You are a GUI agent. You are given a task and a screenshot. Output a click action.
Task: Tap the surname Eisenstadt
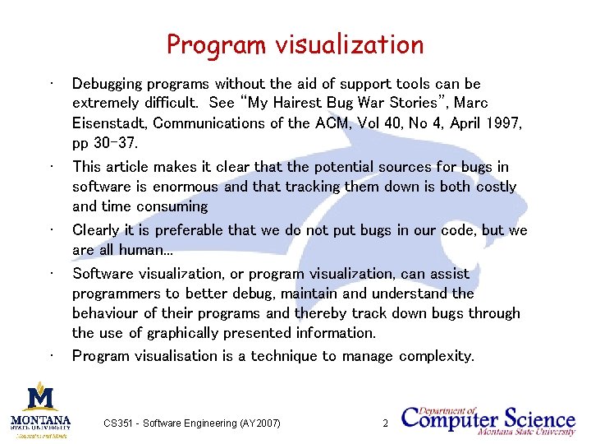click(108, 123)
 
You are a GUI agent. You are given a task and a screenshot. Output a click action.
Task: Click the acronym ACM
click(337, 123)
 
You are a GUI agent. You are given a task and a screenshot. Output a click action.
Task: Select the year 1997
click(503, 123)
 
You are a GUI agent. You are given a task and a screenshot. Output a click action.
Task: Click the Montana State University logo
click(40, 409)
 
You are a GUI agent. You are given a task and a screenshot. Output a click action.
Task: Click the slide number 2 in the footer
click(385, 423)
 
